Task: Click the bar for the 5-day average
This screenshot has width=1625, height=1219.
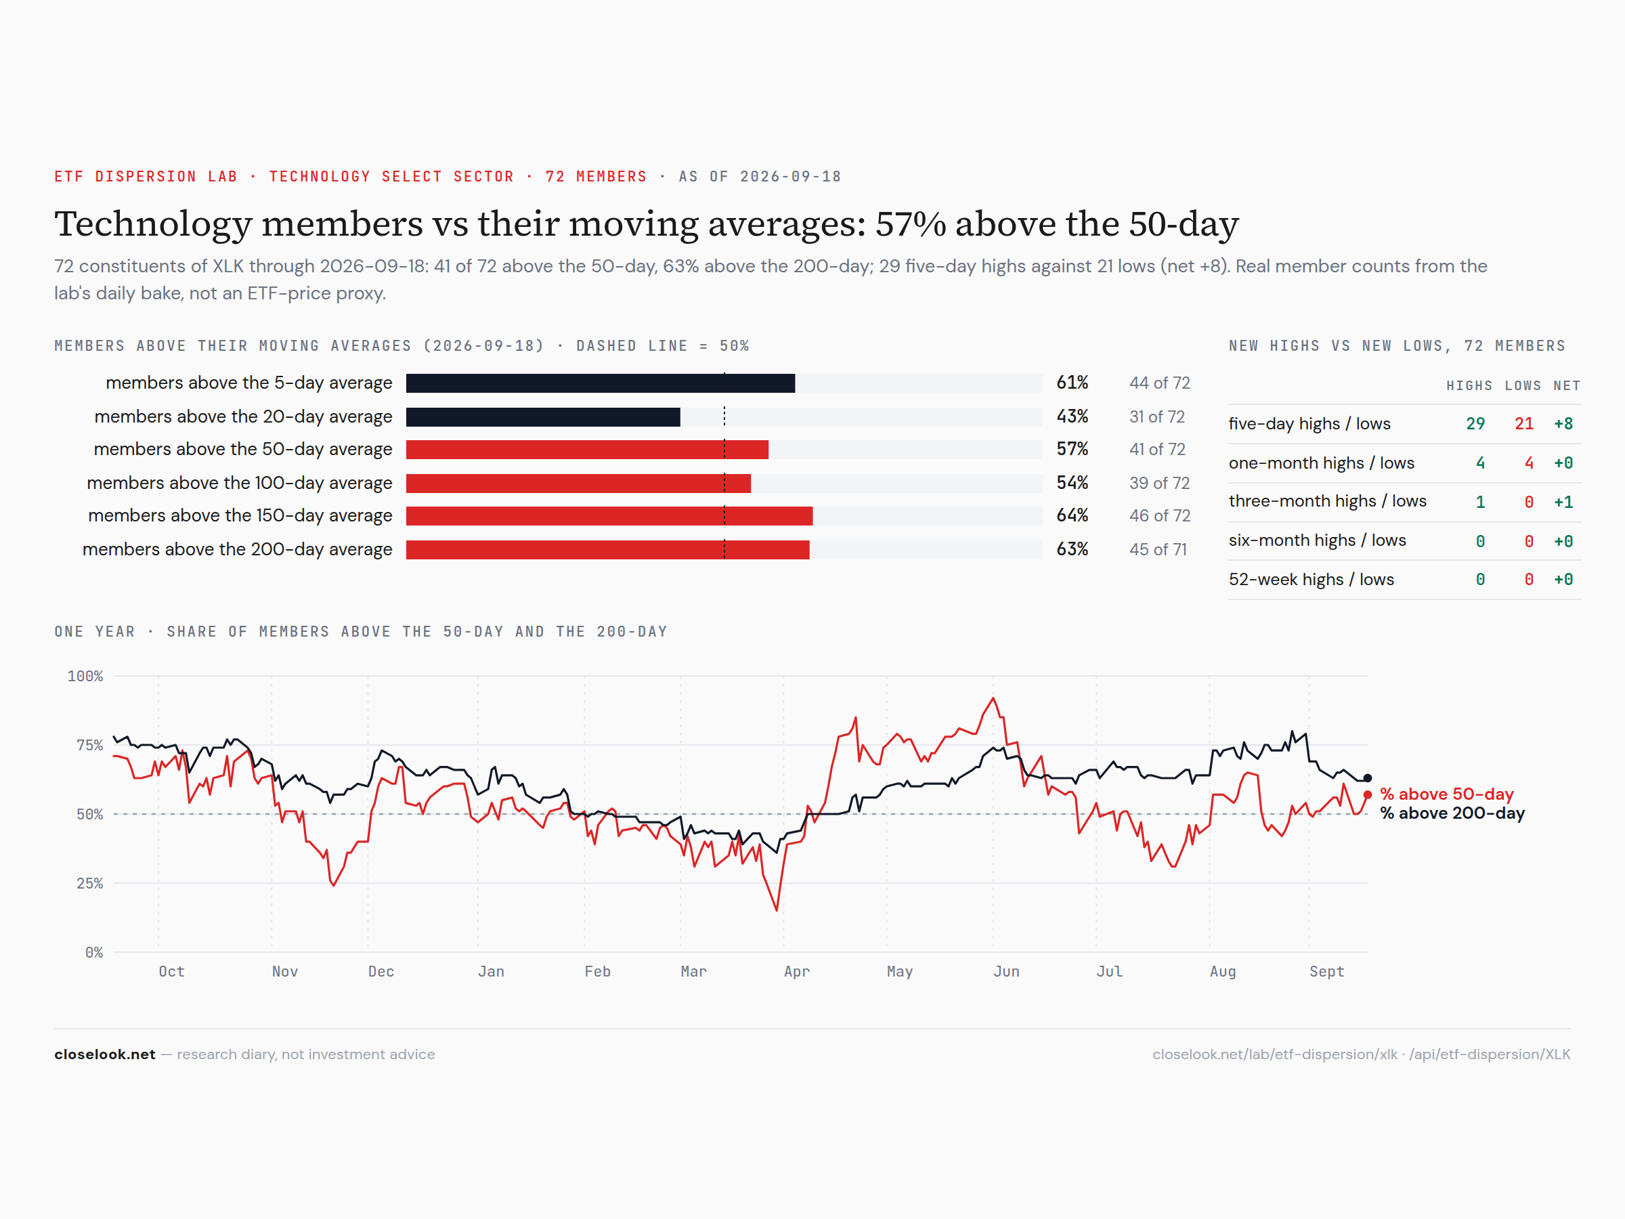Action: click(x=600, y=383)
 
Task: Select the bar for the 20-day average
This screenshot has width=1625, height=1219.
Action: click(x=543, y=416)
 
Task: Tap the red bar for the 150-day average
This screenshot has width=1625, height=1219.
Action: click(x=609, y=516)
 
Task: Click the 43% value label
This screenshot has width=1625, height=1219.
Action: click(x=1072, y=416)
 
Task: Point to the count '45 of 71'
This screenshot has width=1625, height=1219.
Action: click(x=1158, y=550)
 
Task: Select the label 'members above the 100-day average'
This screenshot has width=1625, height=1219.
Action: click(x=240, y=483)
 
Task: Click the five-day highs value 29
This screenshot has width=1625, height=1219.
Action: click(x=1475, y=424)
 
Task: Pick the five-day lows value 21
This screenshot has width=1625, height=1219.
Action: click(x=1524, y=424)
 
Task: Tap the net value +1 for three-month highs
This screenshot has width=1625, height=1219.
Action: click(x=1563, y=502)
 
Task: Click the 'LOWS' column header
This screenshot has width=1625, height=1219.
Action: click(x=1523, y=386)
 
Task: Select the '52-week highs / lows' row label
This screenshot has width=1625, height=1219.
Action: click(x=1312, y=580)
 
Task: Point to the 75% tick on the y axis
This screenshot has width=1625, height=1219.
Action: click(x=89, y=745)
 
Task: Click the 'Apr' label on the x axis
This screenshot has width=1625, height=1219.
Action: click(x=796, y=971)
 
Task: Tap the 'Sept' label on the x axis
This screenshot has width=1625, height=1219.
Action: click(x=1326, y=971)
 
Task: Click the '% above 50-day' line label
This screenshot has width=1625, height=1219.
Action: click(x=1446, y=794)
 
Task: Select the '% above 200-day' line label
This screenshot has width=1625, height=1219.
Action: click(x=1452, y=813)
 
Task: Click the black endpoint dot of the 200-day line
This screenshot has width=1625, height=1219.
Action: click(x=1367, y=778)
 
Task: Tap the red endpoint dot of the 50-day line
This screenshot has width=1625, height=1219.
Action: click(x=1367, y=795)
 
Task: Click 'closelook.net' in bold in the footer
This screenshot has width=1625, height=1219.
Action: click(x=105, y=1054)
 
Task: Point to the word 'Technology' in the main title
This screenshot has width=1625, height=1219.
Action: click(x=153, y=224)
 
